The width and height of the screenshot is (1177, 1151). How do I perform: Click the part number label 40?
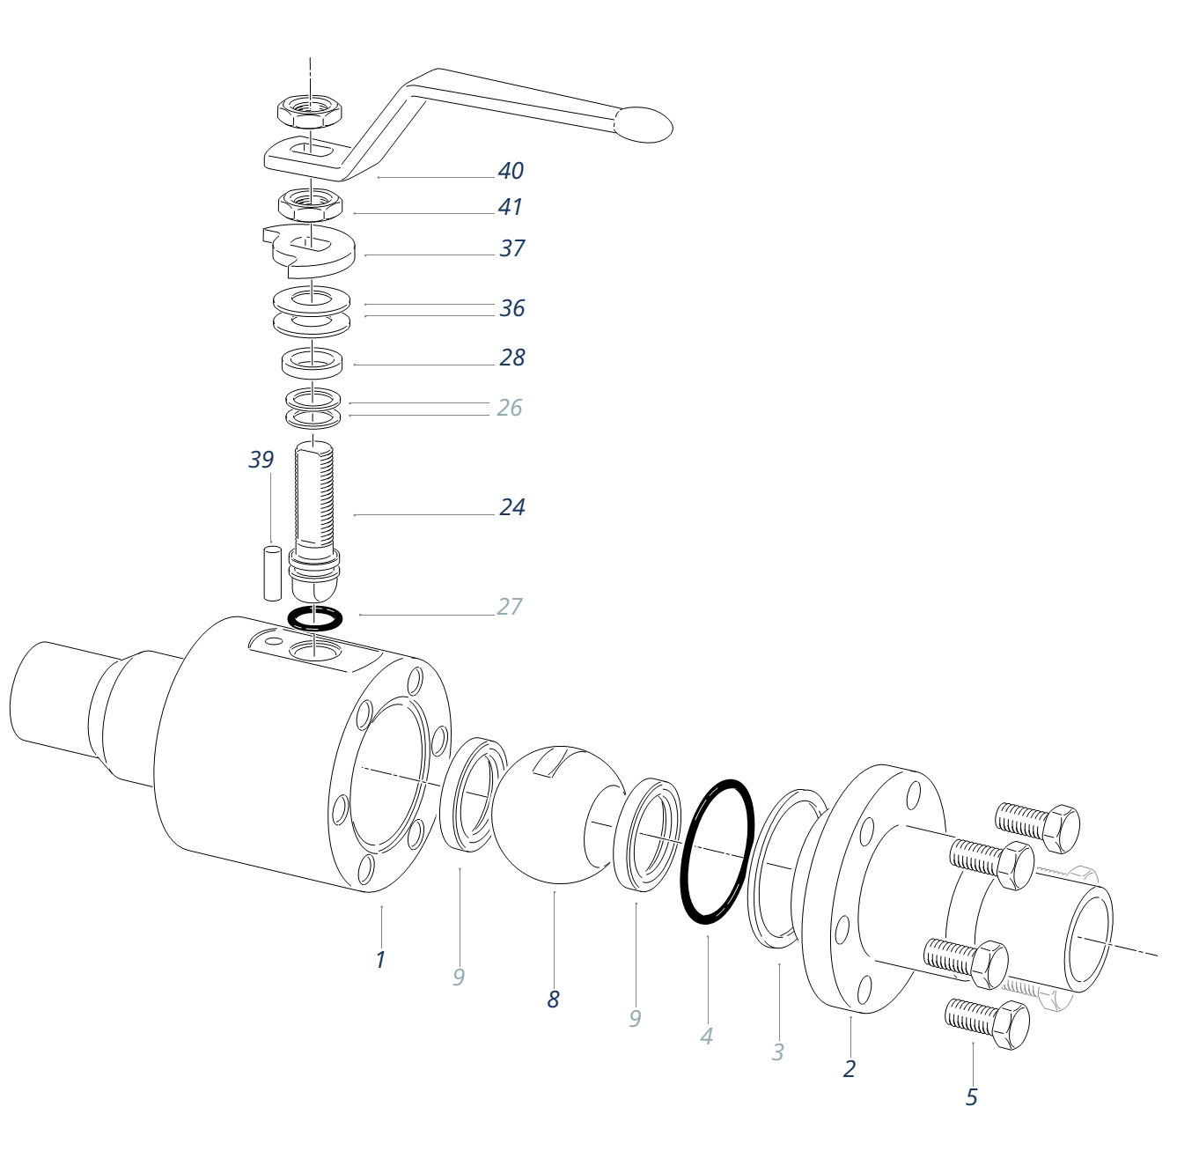(x=511, y=170)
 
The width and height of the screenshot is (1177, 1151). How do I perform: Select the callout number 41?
(x=511, y=207)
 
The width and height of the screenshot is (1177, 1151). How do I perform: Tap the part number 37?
(x=511, y=248)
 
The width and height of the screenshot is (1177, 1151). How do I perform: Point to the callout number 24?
(x=511, y=507)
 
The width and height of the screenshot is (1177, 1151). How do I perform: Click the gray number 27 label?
(x=510, y=606)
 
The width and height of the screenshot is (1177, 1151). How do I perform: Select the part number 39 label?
(x=261, y=460)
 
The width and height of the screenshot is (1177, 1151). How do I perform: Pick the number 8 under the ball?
(x=553, y=1000)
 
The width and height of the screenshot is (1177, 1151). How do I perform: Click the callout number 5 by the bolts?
(x=972, y=1097)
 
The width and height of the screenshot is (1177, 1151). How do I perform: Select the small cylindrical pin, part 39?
(x=273, y=572)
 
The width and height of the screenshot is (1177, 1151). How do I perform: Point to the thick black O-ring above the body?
(x=315, y=618)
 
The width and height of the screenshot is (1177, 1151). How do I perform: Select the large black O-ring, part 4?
(x=717, y=851)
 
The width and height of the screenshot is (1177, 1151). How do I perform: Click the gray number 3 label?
(x=777, y=1051)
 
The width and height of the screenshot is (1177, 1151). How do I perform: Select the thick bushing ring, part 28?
(x=312, y=361)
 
